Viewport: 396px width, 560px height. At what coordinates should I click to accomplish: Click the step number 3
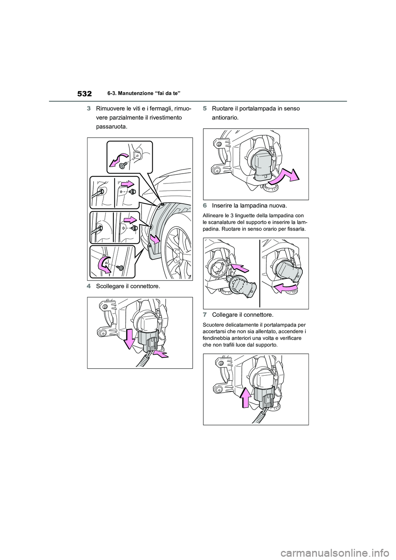click(x=89, y=109)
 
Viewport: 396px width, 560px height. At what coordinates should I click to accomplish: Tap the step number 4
click(x=89, y=286)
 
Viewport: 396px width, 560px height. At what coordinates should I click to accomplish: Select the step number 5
click(x=205, y=109)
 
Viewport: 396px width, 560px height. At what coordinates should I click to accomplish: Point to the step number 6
click(x=205, y=206)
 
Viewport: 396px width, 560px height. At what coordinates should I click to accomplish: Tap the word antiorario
click(x=225, y=118)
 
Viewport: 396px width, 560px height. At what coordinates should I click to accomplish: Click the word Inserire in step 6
click(x=222, y=206)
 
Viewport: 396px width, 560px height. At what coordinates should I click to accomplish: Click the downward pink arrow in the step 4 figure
click(x=130, y=338)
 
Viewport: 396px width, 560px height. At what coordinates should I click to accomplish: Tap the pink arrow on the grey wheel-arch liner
click(x=155, y=239)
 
